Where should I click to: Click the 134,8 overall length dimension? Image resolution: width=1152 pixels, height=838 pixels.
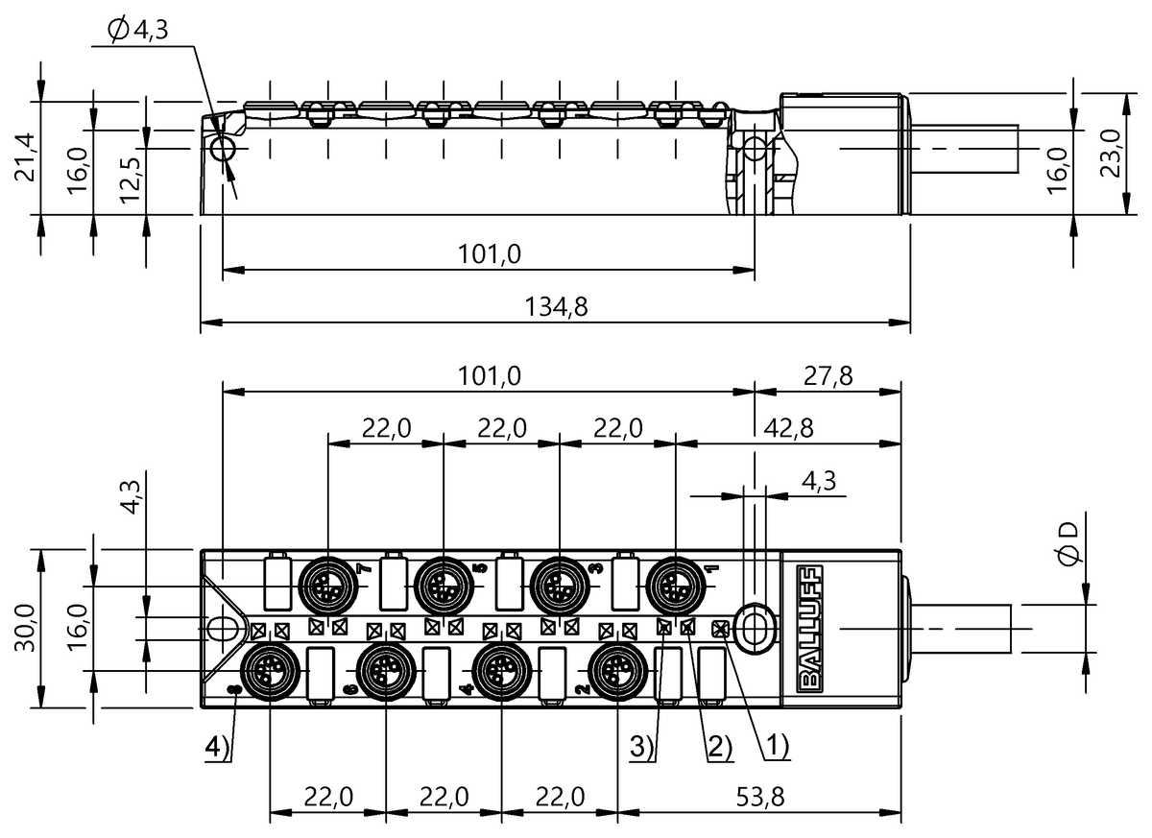pos(556,307)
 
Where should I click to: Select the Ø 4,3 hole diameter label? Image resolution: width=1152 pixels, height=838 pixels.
pos(138,30)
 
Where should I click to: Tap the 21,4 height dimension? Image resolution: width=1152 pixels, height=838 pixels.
pos(25,156)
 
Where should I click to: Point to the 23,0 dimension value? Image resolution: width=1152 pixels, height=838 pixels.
pos(1111,154)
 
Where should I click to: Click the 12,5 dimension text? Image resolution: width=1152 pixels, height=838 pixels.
pos(131,180)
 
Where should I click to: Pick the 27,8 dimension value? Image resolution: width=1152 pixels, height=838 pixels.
pos(828,376)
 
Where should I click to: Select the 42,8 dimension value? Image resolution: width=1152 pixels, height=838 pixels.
pos(789,428)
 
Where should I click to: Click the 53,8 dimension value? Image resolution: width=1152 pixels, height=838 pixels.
pos(760,798)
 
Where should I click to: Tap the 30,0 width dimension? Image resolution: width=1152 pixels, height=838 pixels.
pos(25,628)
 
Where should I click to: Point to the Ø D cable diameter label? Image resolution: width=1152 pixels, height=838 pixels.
pos(1068,543)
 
